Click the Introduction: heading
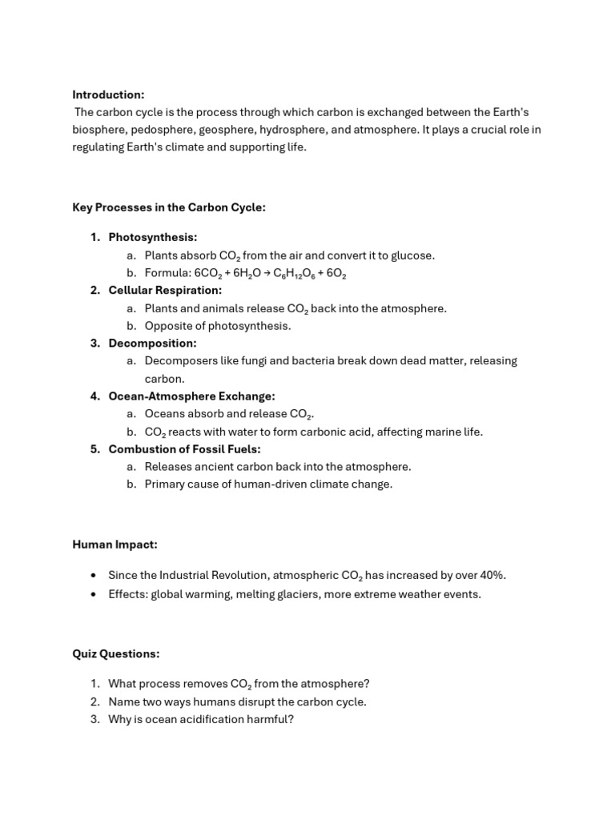click(108, 94)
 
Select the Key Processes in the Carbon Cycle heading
click(169, 207)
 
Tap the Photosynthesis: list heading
click(153, 237)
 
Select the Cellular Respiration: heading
click(166, 290)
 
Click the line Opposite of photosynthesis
click(218, 326)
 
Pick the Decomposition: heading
click(153, 343)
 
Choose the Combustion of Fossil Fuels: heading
click(185, 448)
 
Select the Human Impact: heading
click(115, 545)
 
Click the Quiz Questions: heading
click(116, 653)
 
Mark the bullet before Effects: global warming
click(94, 594)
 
